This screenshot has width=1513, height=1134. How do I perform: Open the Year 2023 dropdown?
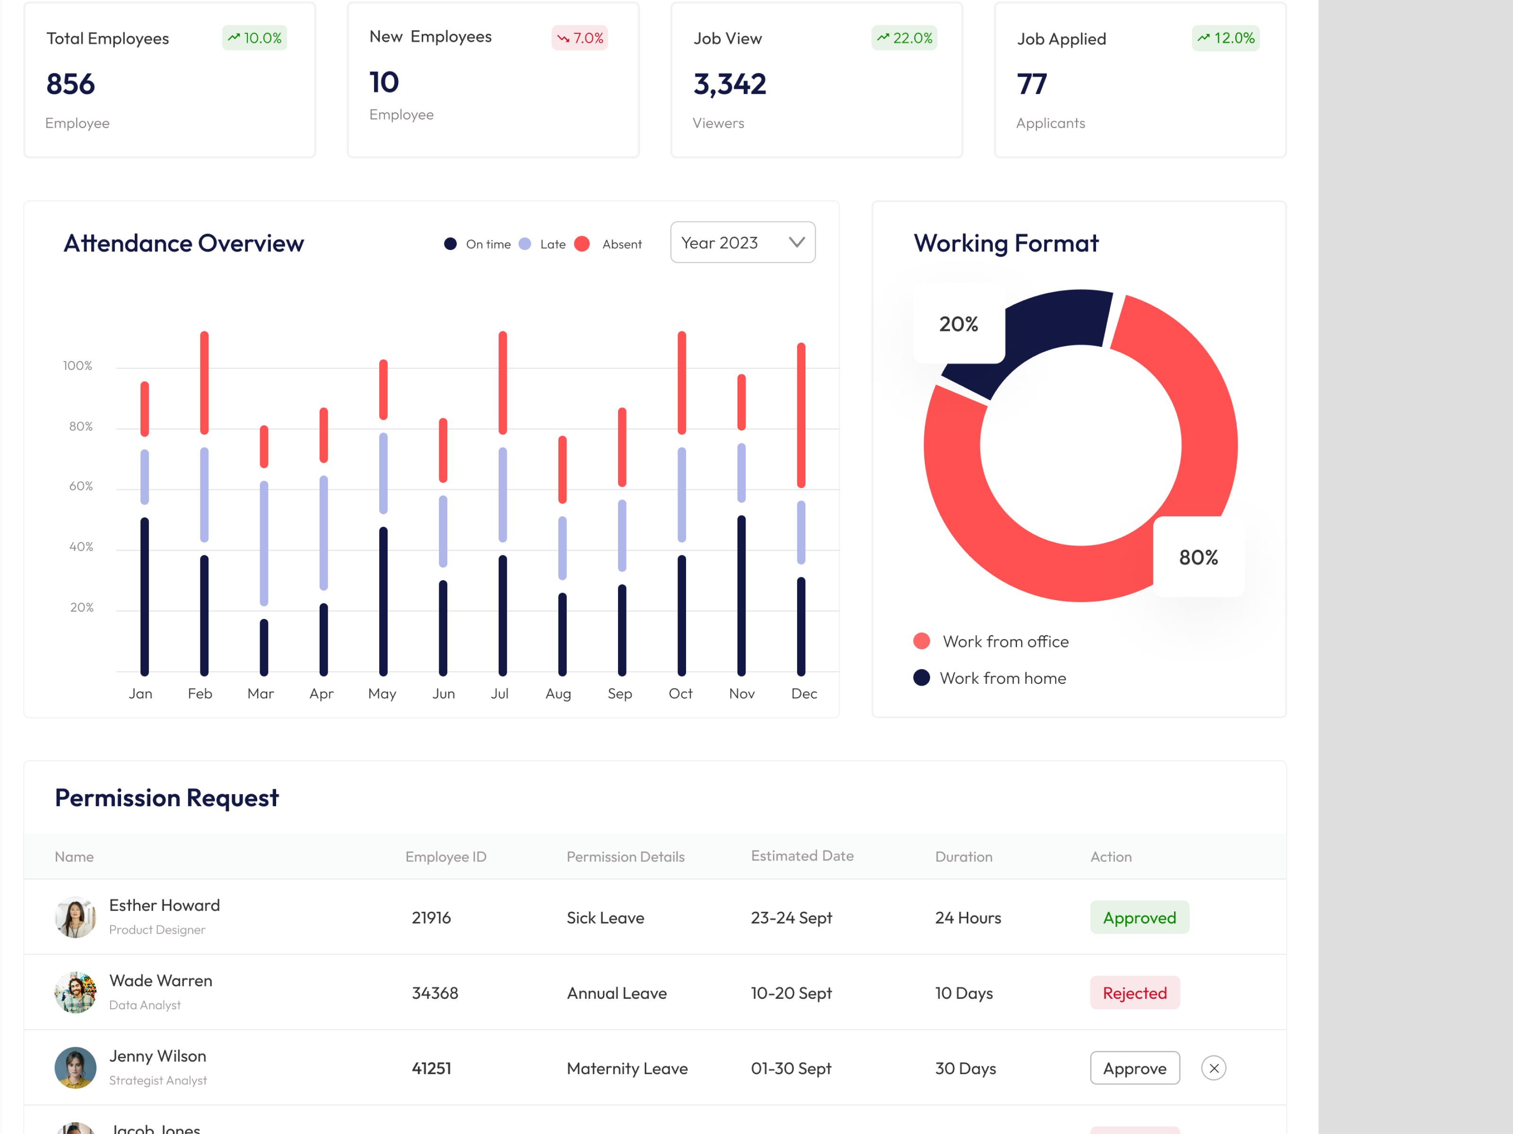pos(743,243)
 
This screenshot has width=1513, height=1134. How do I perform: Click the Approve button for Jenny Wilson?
pos(1134,1068)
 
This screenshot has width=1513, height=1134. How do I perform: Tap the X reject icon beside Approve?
pos(1213,1068)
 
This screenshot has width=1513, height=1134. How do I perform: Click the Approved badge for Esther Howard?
pos(1139,917)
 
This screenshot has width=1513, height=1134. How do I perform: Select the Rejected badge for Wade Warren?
pos(1134,993)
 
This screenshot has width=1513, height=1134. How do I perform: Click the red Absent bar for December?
pos(801,415)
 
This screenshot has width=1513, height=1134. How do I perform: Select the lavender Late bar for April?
pos(323,533)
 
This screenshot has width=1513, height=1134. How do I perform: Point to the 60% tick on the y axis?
pos(81,486)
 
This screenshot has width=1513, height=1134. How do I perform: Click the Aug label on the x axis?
pos(558,693)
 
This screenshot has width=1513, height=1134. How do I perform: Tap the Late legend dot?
pos(525,244)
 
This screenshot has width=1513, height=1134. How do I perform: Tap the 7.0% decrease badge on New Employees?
pos(579,38)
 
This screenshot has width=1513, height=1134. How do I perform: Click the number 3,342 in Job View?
pos(729,84)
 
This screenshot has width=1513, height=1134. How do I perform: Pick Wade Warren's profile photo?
pos(75,993)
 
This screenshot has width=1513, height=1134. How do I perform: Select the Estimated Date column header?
pos(801,856)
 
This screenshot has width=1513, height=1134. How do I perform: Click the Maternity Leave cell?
pos(626,1068)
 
